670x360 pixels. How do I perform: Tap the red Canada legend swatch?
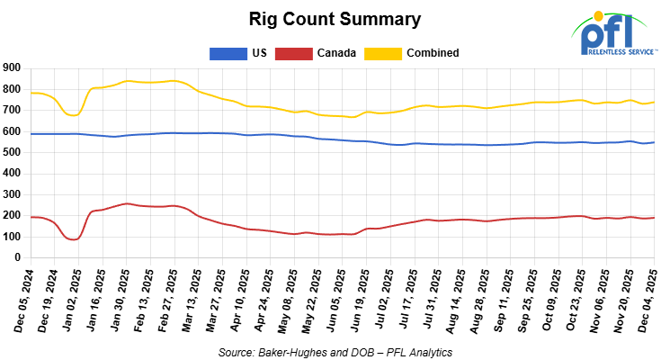[x=291, y=53]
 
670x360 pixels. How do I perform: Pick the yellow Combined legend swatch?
[x=383, y=53]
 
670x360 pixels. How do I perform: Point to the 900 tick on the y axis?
[x=12, y=68]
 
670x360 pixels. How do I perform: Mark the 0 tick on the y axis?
[x=17, y=258]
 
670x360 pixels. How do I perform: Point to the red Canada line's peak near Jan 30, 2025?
[x=127, y=203]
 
